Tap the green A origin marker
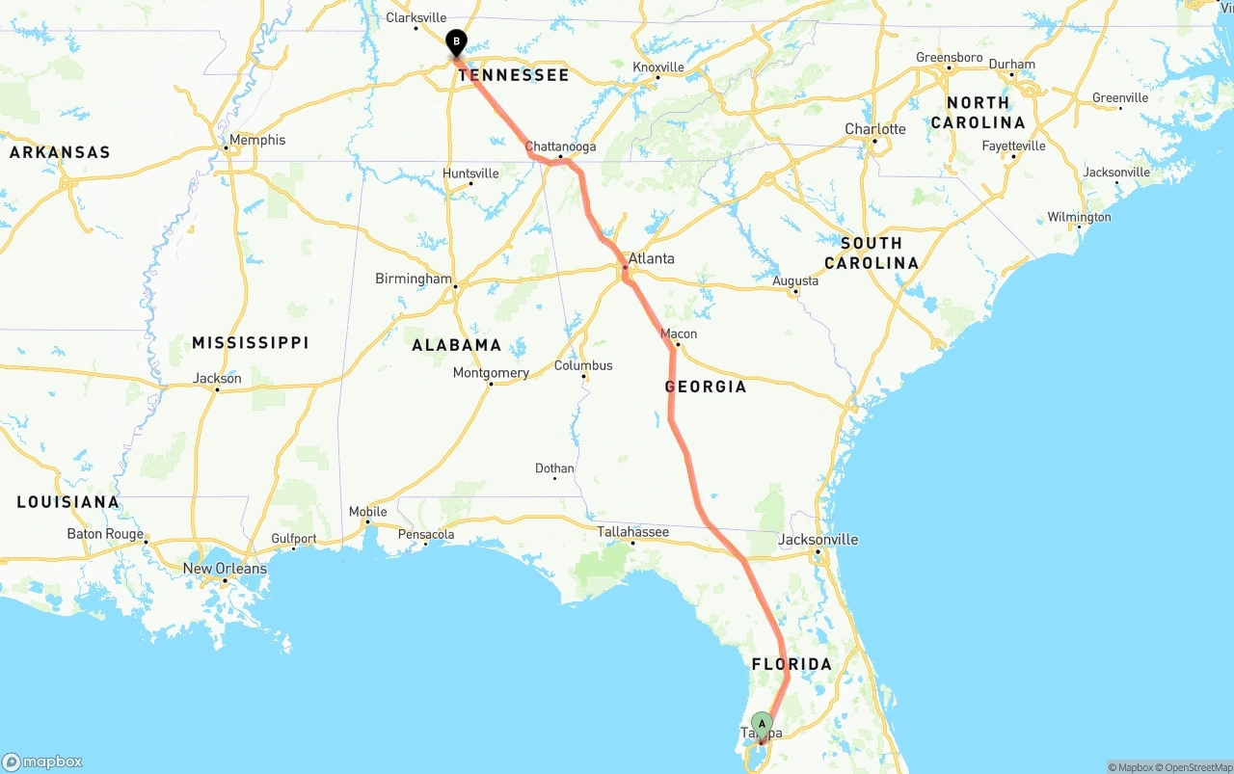(762, 724)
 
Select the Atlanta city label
(651, 258)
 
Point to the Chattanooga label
(560, 147)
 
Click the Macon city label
(679, 334)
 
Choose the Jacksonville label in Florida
(818, 540)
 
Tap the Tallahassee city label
(632, 531)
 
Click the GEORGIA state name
(706, 387)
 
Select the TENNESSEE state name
(514, 75)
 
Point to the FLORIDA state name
(791, 664)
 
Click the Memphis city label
(256, 140)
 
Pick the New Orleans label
(225, 569)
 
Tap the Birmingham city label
(414, 280)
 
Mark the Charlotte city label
(875, 129)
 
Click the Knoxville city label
(658, 67)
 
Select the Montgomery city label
(491, 373)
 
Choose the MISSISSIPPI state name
(251, 343)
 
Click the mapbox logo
(42, 761)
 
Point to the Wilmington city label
(1079, 217)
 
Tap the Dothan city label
(554, 468)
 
